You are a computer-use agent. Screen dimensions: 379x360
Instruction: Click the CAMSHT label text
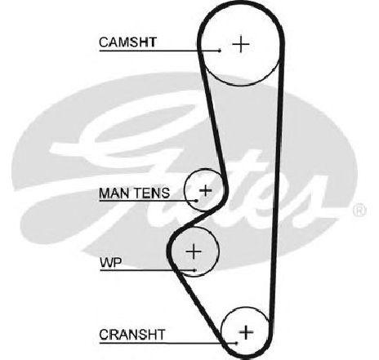(127, 42)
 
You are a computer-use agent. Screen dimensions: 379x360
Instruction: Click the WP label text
(111, 263)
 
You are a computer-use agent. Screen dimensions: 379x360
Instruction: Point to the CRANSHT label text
(132, 335)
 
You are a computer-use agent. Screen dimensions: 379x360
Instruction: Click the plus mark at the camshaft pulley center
(241, 44)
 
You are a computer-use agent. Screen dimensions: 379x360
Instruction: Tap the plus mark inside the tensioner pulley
(206, 190)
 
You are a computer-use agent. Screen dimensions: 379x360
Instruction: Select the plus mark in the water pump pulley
(194, 251)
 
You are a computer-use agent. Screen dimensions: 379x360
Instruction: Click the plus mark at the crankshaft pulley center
(246, 332)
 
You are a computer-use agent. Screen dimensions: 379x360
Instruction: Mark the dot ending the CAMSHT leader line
(220, 51)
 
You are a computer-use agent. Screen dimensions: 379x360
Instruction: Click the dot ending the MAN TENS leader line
(196, 201)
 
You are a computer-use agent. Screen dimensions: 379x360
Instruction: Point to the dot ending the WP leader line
(195, 270)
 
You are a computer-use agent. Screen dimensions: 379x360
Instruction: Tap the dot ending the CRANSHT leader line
(236, 343)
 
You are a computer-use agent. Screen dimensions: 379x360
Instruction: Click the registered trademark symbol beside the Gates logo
(359, 211)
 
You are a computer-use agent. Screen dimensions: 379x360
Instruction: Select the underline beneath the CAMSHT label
(159, 51)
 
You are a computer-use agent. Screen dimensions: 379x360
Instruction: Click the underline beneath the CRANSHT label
(167, 343)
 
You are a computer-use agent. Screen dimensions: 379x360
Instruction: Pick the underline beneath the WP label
(147, 270)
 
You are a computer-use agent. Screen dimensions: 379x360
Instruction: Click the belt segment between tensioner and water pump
(201, 218)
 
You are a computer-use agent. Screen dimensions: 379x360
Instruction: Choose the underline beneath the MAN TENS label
(148, 201)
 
